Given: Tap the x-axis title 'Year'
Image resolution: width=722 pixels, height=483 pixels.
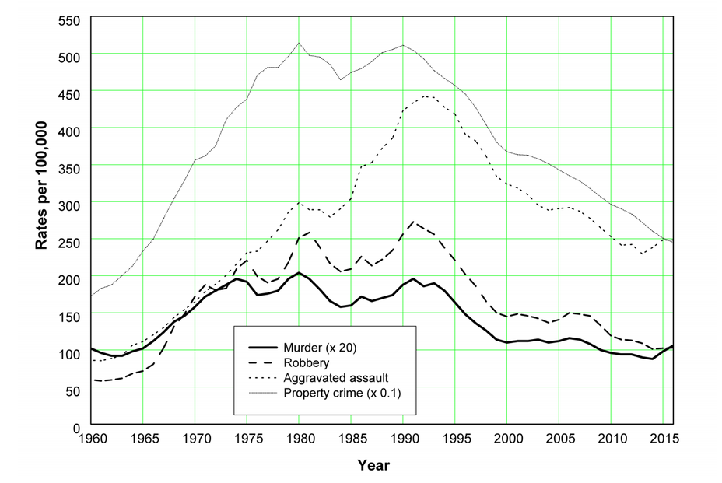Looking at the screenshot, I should pos(373,466).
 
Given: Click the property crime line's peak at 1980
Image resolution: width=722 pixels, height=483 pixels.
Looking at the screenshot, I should pos(299,43).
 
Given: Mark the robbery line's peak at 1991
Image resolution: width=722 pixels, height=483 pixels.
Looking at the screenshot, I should pos(413,222).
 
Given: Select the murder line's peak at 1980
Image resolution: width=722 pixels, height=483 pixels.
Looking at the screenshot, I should pos(299,273).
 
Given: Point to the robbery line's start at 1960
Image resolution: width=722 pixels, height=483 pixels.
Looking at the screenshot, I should pos(93,380).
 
